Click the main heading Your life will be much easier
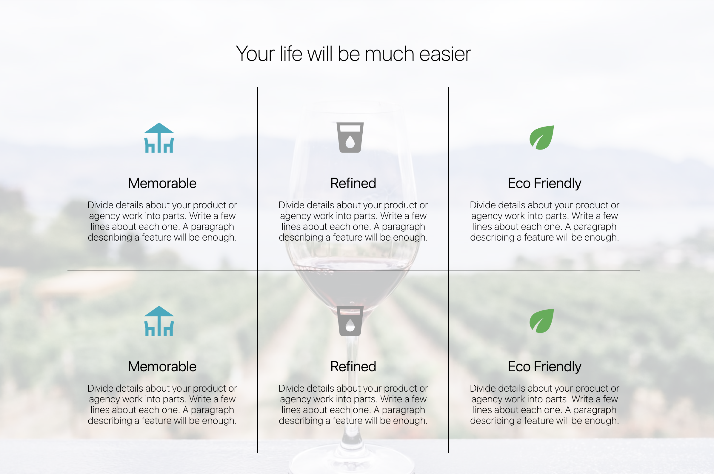click(x=353, y=54)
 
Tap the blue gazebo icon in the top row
click(x=159, y=138)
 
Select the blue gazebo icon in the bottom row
click(x=159, y=321)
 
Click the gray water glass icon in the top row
click(x=350, y=138)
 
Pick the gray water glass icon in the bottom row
click(x=350, y=321)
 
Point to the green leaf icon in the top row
click(x=542, y=138)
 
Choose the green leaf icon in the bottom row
click(x=542, y=321)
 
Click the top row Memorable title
click(x=162, y=183)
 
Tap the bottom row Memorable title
click(x=162, y=366)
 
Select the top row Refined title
click(x=353, y=183)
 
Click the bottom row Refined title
click(x=353, y=366)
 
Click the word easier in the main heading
click(x=445, y=54)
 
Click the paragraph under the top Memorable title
click(x=162, y=221)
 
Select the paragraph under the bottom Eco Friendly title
click(x=544, y=404)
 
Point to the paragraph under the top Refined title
click(x=353, y=221)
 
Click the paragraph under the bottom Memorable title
click(x=162, y=404)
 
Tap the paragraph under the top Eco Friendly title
click(x=544, y=221)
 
